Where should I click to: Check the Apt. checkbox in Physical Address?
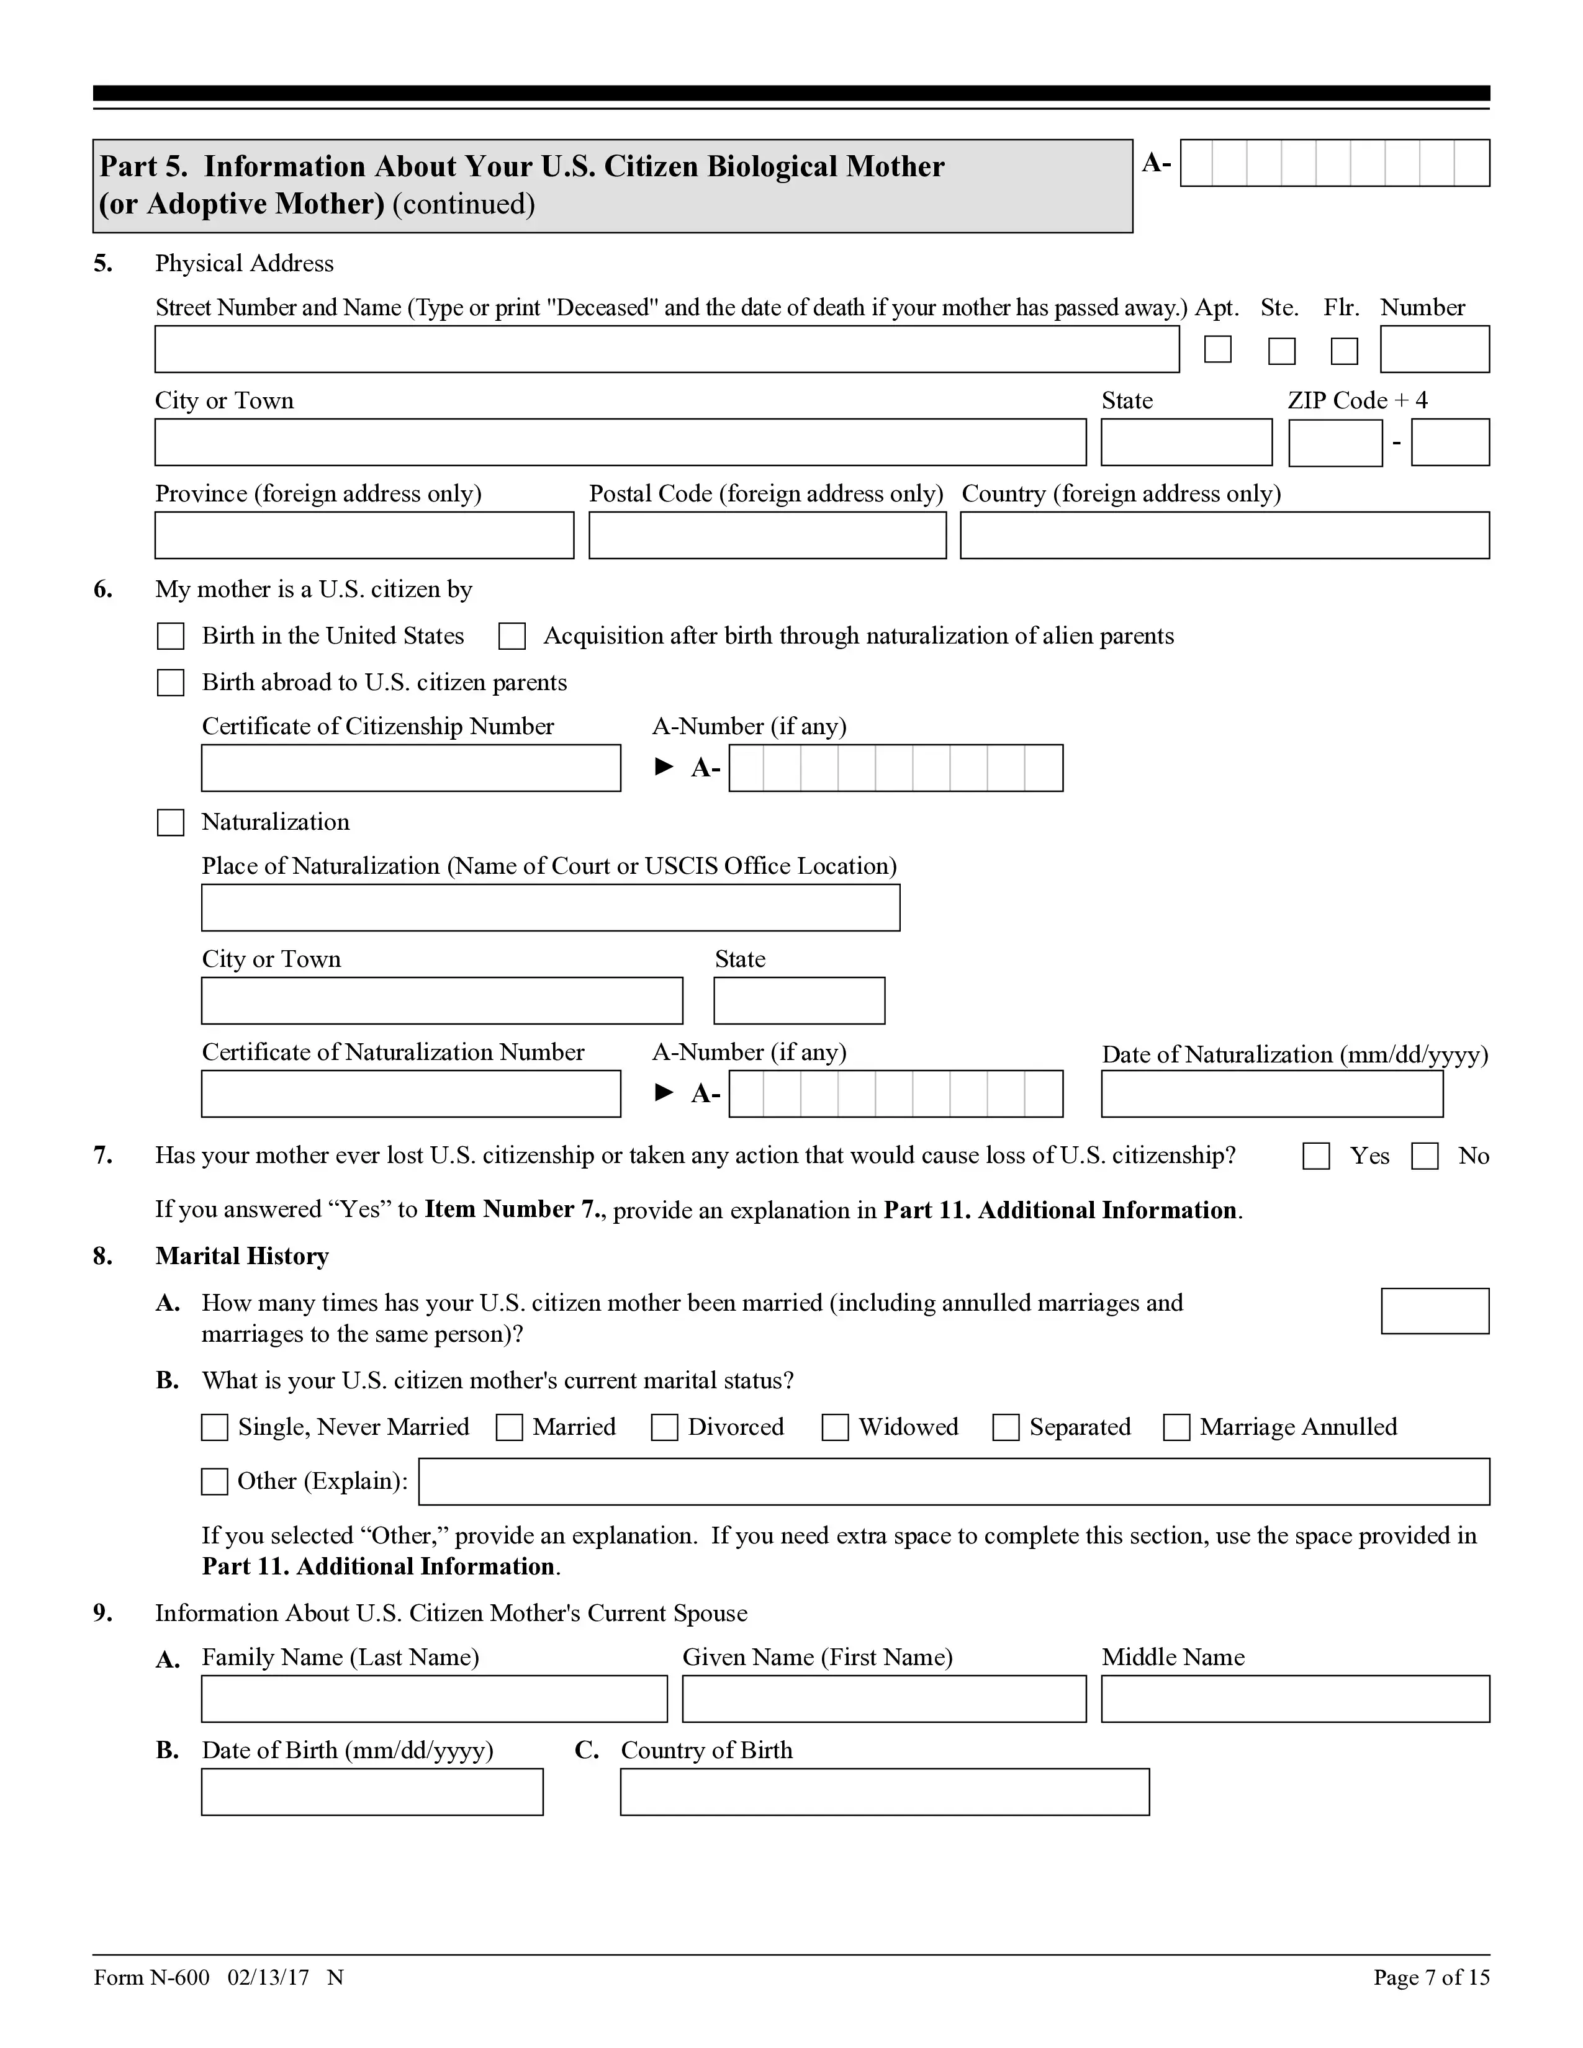(x=1217, y=350)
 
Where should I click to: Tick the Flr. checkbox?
(x=1344, y=351)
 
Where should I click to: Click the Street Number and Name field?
(x=666, y=350)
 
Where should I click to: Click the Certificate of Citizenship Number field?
(x=411, y=768)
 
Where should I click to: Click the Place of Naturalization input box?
(x=551, y=908)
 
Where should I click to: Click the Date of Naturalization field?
(x=1271, y=1094)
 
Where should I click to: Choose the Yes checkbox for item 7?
(x=1315, y=1156)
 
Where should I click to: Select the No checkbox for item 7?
(x=1425, y=1156)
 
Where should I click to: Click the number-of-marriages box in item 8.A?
(x=1435, y=1311)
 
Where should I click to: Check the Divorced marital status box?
(x=665, y=1427)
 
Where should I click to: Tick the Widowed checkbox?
(x=834, y=1427)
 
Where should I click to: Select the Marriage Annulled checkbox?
(x=1176, y=1427)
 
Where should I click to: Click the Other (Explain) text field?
(x=954, y=1481)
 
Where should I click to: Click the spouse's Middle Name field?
(x=1295, y=1699)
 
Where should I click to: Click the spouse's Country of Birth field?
(x=885, y=1792)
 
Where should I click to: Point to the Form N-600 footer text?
(x=152, y=1978)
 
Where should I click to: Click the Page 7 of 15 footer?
(x=1431, y=1978)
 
